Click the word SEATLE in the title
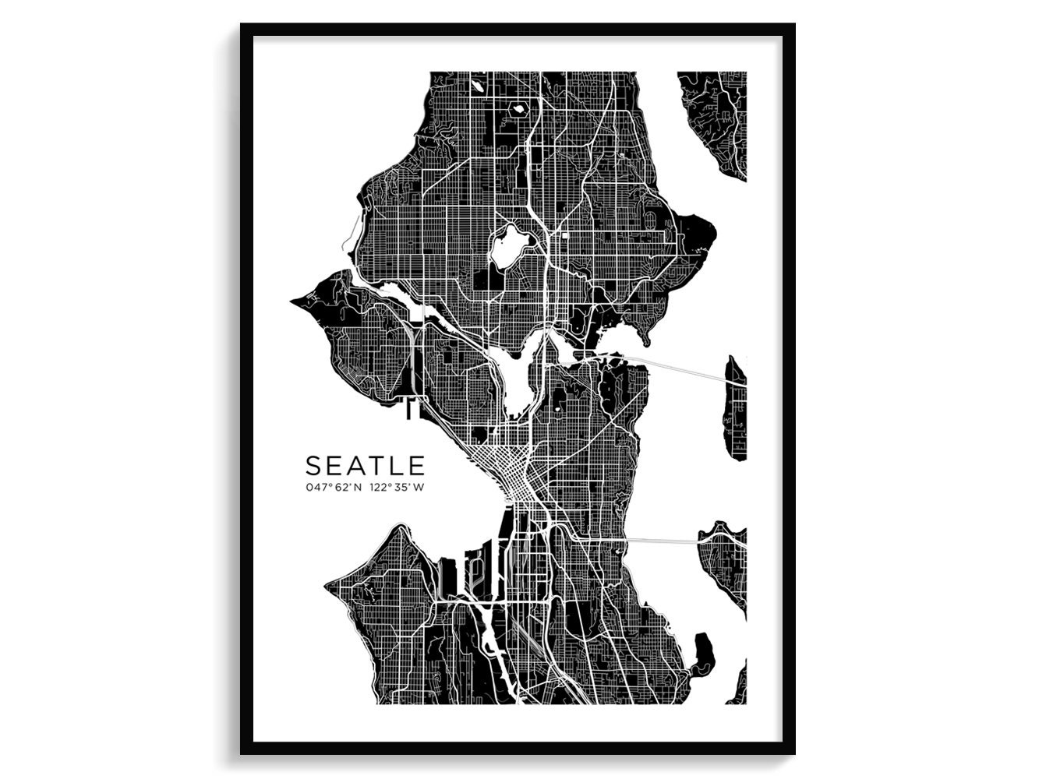tap(365, 466)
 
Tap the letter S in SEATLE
tap(313, 466)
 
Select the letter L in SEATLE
tap(396, 466)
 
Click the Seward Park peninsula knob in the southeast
tap(703, 651)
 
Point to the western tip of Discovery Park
tap(295, 299)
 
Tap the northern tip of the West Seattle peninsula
tap(401, 530)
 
